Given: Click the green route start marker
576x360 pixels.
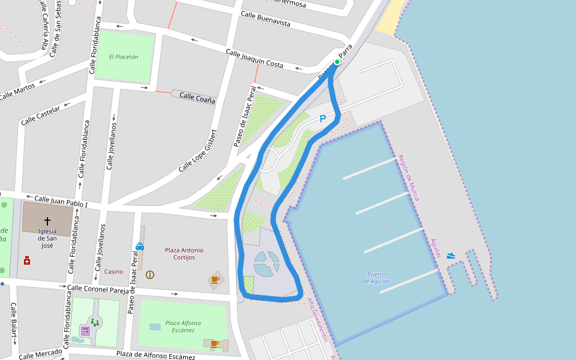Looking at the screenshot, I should coord(337,62).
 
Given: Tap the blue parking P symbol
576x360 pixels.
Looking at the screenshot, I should coord(323,119).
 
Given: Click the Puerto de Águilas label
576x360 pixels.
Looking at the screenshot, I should coord(377,278).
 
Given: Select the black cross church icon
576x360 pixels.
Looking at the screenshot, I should coord(47,221).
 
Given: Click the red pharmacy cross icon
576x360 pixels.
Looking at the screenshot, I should coord(27,260).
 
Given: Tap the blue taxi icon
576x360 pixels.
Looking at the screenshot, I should coord(140,246).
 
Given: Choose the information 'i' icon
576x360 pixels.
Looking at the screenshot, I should coord(150,275).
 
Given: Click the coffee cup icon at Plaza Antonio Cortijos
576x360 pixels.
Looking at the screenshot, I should coord(215,279).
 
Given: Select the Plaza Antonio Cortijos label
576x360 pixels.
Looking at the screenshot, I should coord(184,254).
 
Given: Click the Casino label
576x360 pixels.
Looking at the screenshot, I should coord(113,272).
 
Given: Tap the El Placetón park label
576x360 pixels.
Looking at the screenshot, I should coord(124,57).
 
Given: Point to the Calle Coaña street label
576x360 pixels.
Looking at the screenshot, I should coord(197,97).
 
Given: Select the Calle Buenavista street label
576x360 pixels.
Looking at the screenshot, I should coord(265,19).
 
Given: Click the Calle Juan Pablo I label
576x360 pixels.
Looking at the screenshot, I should coord(61,201).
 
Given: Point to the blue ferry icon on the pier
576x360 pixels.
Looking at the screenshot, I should coord(451,256).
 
